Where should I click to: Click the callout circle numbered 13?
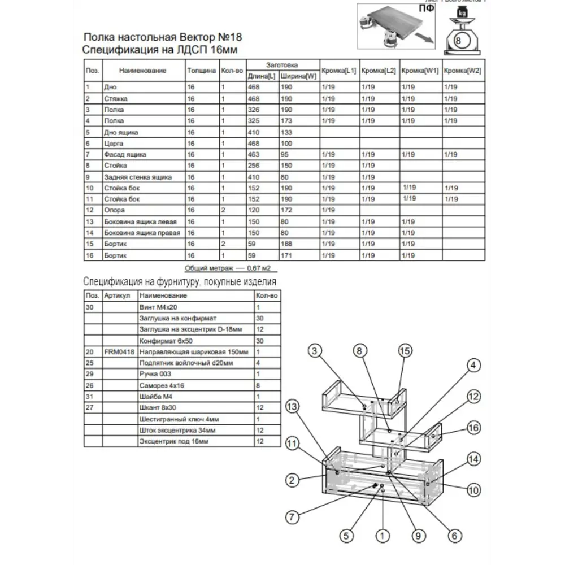292,407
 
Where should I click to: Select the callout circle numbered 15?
405,350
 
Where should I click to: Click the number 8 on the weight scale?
458,41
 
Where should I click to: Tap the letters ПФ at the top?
427,9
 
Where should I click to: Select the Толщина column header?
201,71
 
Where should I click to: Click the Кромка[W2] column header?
462,71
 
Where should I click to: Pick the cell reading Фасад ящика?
125,154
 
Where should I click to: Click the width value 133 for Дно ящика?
287,132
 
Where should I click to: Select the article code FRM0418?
119,351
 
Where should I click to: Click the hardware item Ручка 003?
155,374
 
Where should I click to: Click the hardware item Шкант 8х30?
156,408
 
